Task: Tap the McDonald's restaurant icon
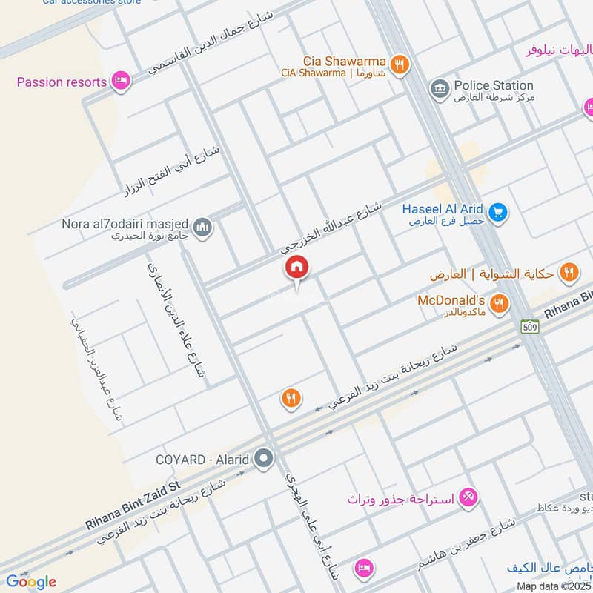500,302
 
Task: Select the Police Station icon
440,89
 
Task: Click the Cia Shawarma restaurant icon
400,64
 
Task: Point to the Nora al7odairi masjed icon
203,227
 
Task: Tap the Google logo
31,581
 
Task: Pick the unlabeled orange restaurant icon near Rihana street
291,399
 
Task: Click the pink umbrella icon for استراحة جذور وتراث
468,497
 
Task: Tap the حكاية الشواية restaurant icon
569,272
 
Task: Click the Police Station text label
494,86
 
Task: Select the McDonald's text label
451,300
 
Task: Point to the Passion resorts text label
62,82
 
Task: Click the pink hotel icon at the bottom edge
363,568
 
